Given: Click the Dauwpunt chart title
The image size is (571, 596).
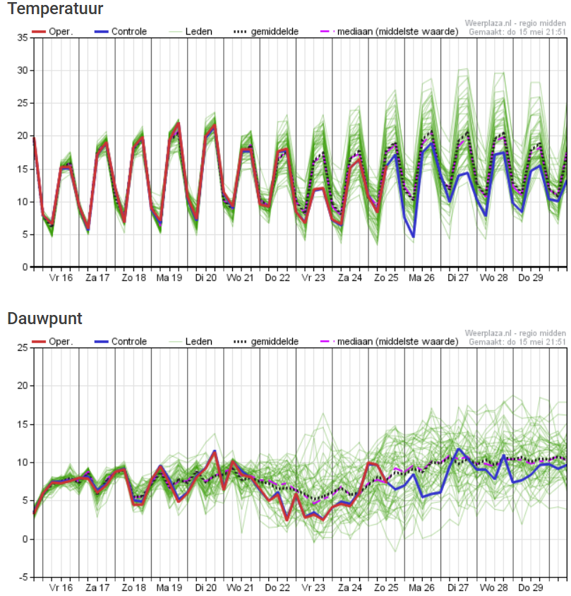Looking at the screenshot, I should coord(44,318).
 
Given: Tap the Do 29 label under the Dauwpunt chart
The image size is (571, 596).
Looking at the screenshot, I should coord(530,588).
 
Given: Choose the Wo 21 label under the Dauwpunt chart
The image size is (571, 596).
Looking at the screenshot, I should coord(240,588).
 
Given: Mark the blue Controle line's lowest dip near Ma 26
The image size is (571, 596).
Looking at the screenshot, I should coord(413,238).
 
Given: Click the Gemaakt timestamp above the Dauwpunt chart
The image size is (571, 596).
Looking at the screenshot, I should coord(517,341).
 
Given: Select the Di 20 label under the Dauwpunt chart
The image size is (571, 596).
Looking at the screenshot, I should coord(205,588).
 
